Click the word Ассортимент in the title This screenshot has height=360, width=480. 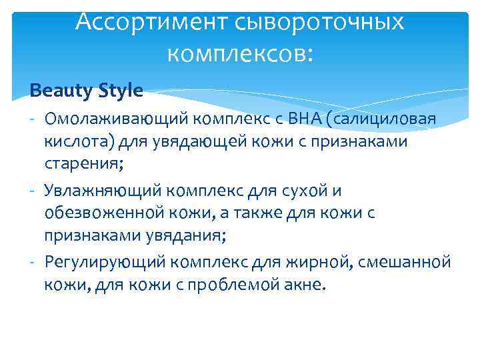pyautogui.click(x=151, y=21)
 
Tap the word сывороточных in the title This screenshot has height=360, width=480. pyautogui.click(x=319, y=21)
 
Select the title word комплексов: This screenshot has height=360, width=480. pyautogui.click(x=239, y=53)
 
